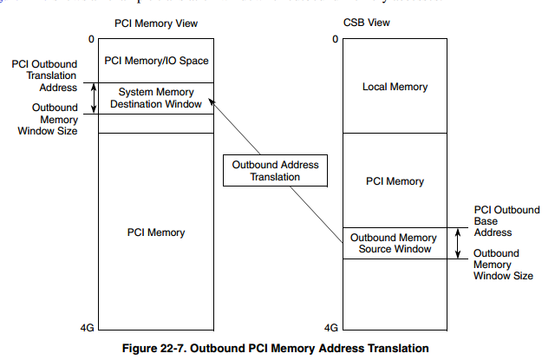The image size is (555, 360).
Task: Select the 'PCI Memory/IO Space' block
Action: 154,61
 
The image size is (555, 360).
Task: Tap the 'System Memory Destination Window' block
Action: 154,98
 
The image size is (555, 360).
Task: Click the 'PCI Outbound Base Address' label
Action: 506,221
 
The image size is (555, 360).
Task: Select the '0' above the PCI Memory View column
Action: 89,39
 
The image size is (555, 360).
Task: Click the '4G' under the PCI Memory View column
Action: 87,328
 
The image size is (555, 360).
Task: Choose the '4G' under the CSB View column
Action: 330,328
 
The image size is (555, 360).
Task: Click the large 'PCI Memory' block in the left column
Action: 154,232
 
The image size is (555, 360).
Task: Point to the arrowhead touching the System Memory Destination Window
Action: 212,102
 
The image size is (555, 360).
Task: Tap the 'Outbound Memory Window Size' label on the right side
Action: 504,264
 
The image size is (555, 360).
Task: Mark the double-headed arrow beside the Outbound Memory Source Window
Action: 458,243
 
